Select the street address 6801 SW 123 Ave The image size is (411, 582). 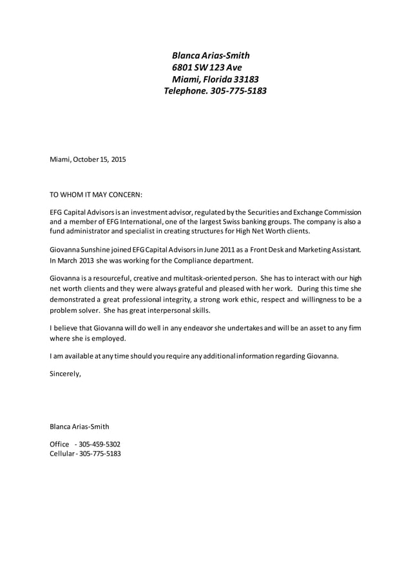click(x=207, y=67)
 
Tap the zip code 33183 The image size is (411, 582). click(x=246, y=79)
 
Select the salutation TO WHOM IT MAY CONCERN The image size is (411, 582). click(x=96, y=194)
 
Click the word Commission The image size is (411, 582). click(x=339, y=212)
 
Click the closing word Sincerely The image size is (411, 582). click(x=66, y=373)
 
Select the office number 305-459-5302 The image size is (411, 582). click(x=99, y=444)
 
